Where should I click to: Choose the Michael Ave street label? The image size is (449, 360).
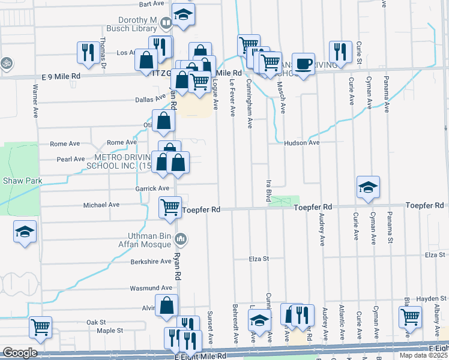[x=101, y=205]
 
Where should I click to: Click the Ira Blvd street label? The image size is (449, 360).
[x=268, y=190]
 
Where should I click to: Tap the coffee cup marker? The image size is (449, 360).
[x=304, y=64]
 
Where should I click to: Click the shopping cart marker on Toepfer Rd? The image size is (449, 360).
[x=170, y=207]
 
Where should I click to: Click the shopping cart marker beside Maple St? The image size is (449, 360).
[x=40, y=327]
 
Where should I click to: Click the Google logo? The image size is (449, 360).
[x=19, y=353]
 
